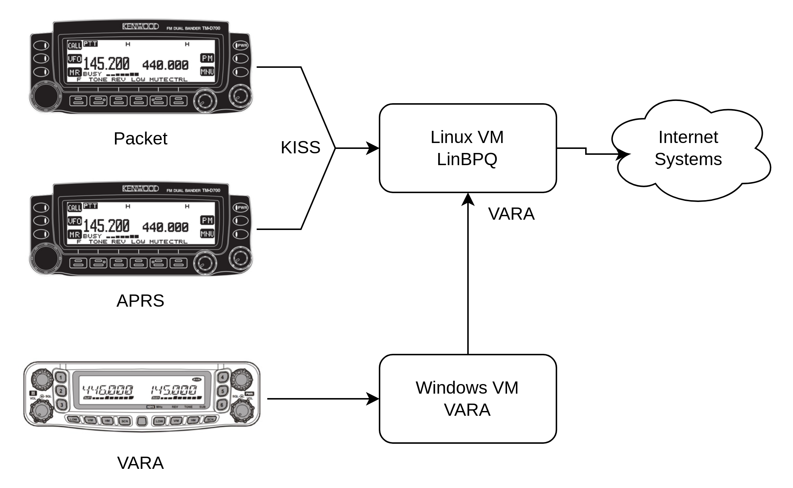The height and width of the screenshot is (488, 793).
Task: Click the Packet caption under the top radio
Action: tap(140, 139)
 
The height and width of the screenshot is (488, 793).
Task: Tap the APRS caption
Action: tap(140, 301)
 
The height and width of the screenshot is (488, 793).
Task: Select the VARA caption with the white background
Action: tap(140, 463)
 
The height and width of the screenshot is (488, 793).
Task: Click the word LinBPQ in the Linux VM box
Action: tap(467, 160)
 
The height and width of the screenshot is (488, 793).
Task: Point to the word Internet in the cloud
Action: tap(688, 137)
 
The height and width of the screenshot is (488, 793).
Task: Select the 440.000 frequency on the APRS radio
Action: tap(165, 227)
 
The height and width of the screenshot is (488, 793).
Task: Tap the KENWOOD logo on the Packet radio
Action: tap(140, 27)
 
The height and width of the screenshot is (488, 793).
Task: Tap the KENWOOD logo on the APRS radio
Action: tap(140, 189)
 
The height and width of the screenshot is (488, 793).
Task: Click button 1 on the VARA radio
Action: tap(62, 377)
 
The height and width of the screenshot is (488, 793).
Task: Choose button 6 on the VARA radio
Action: tap(222, 405)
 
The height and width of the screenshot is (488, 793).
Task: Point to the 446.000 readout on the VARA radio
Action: tap(107, 390)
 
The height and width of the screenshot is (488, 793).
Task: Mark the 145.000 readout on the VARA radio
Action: tap(174, 390)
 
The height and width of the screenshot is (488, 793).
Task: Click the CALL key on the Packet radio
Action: tap(74, 45)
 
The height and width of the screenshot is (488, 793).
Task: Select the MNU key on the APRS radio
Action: tap(207, 234)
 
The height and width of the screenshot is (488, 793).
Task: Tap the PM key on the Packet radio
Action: tap(207, 58)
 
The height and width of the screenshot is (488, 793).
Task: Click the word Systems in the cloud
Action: tap(688, 160)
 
